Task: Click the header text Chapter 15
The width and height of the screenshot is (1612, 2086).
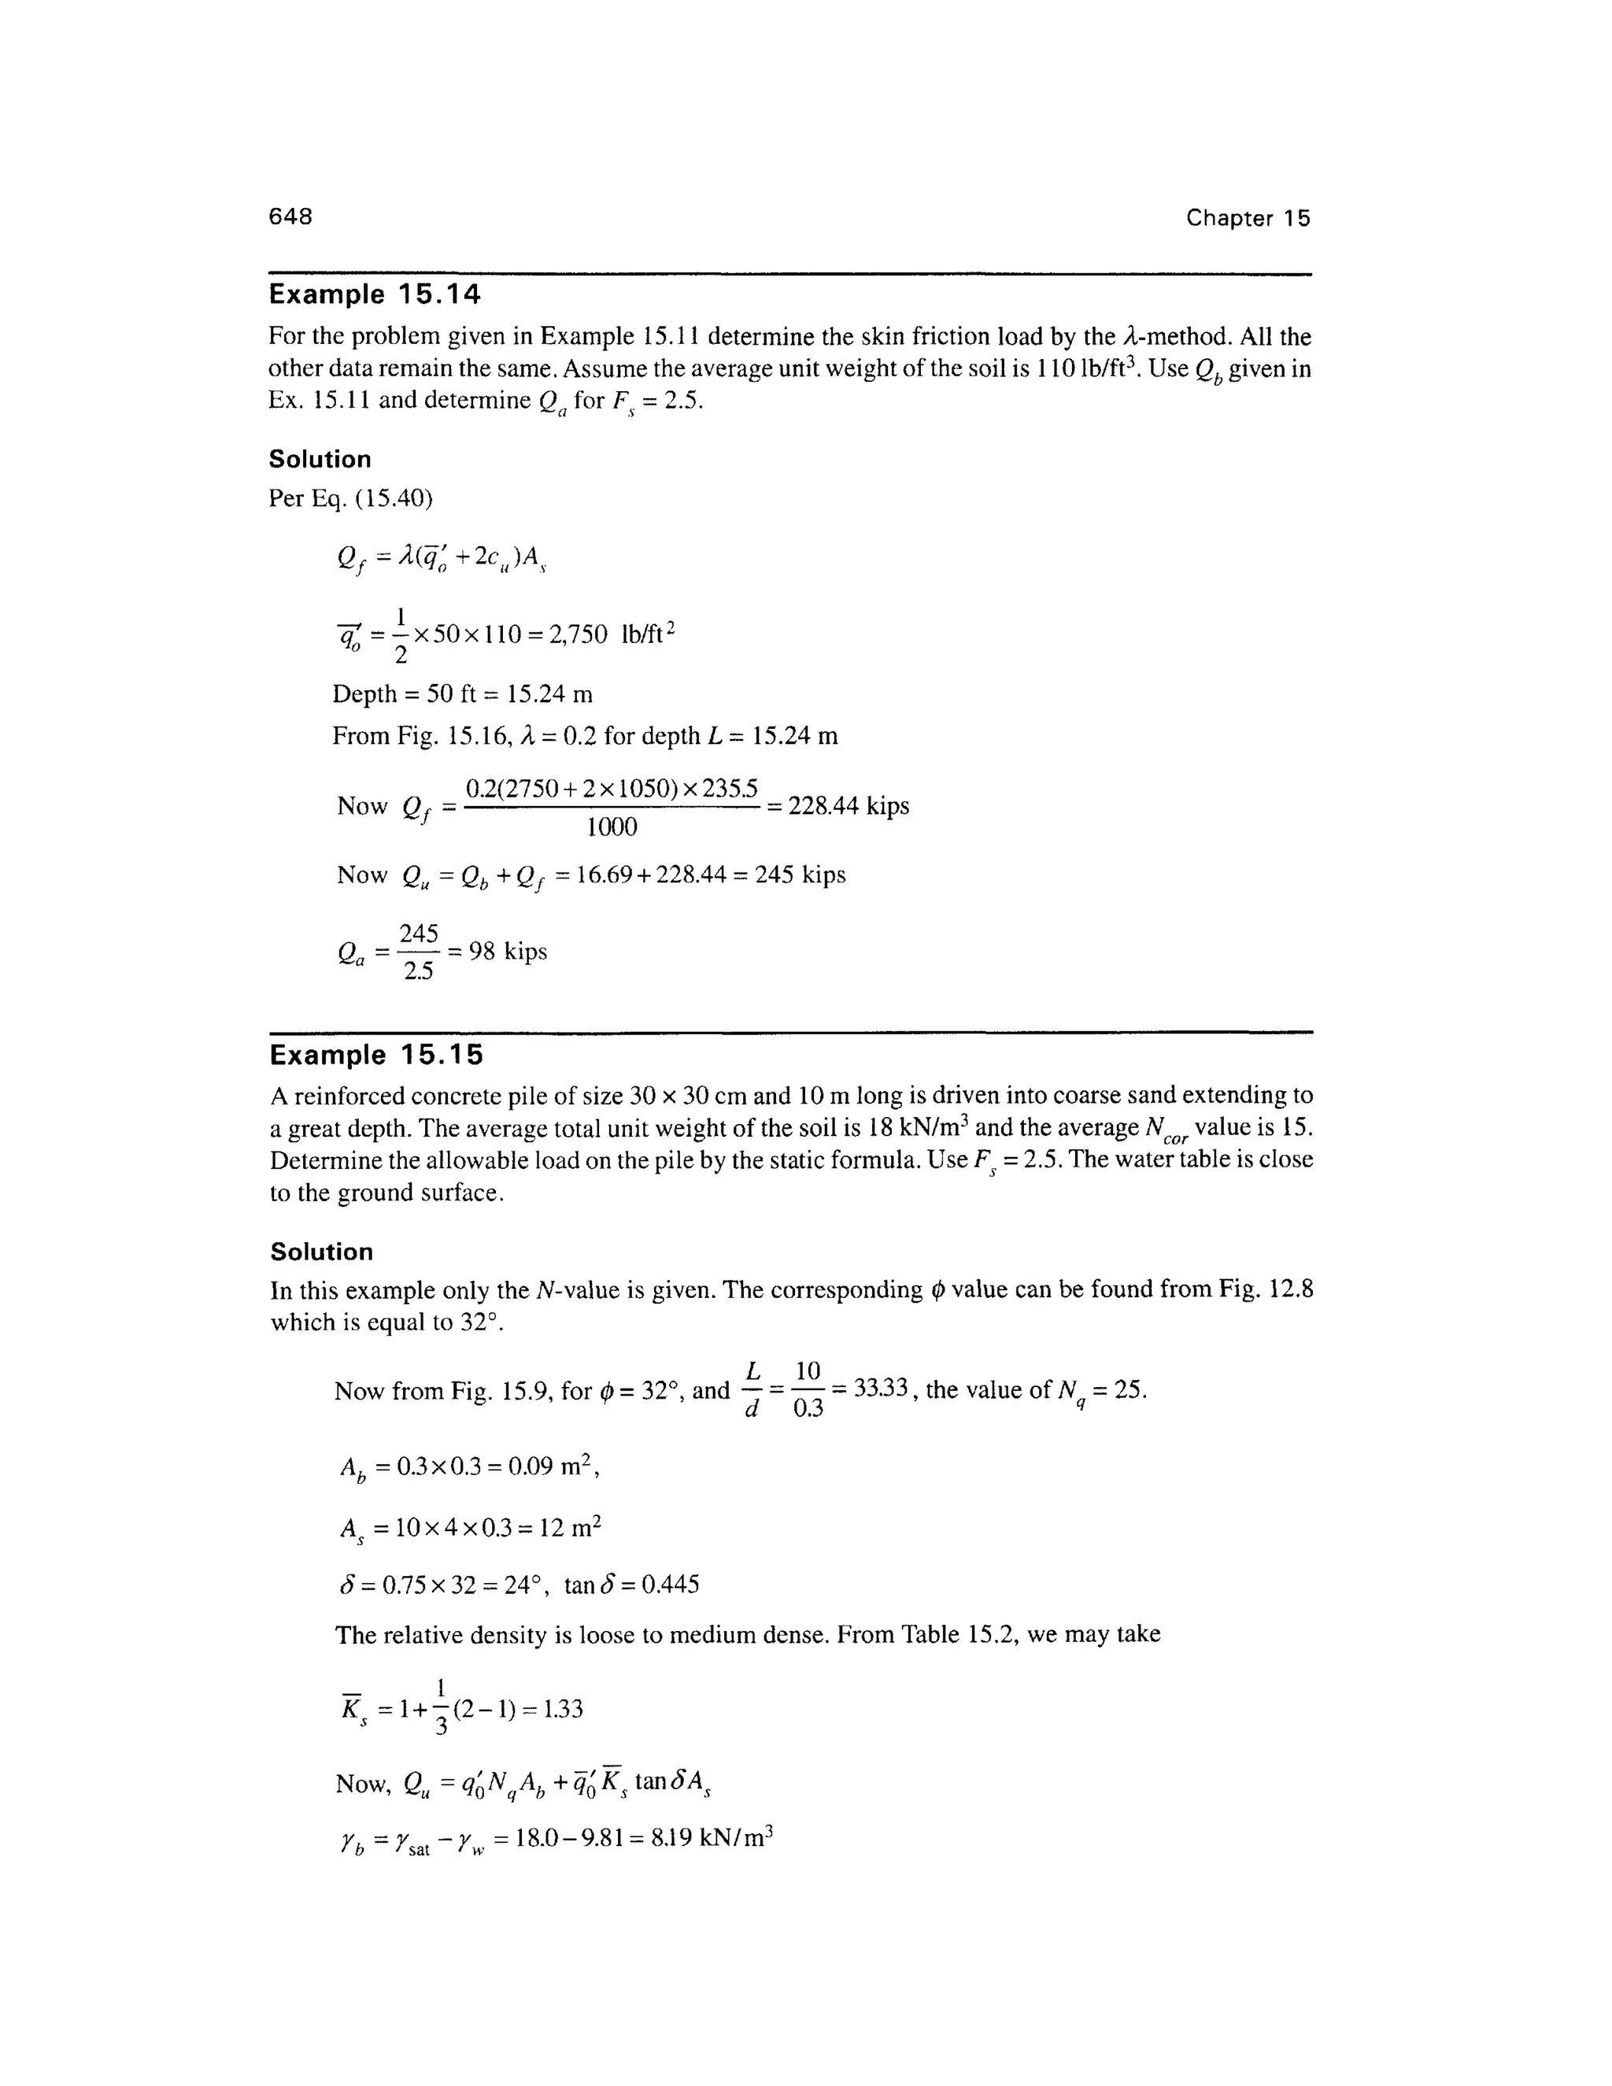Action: pos(1248,218)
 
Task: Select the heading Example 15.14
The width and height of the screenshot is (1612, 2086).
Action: pos(375,294)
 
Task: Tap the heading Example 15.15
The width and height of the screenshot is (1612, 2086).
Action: pos(376,1055)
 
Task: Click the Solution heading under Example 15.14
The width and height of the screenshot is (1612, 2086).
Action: pos(320,460)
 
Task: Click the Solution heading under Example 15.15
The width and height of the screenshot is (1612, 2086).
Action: pos(322,1252)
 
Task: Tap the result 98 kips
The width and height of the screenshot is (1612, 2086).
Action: pos(507,952)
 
